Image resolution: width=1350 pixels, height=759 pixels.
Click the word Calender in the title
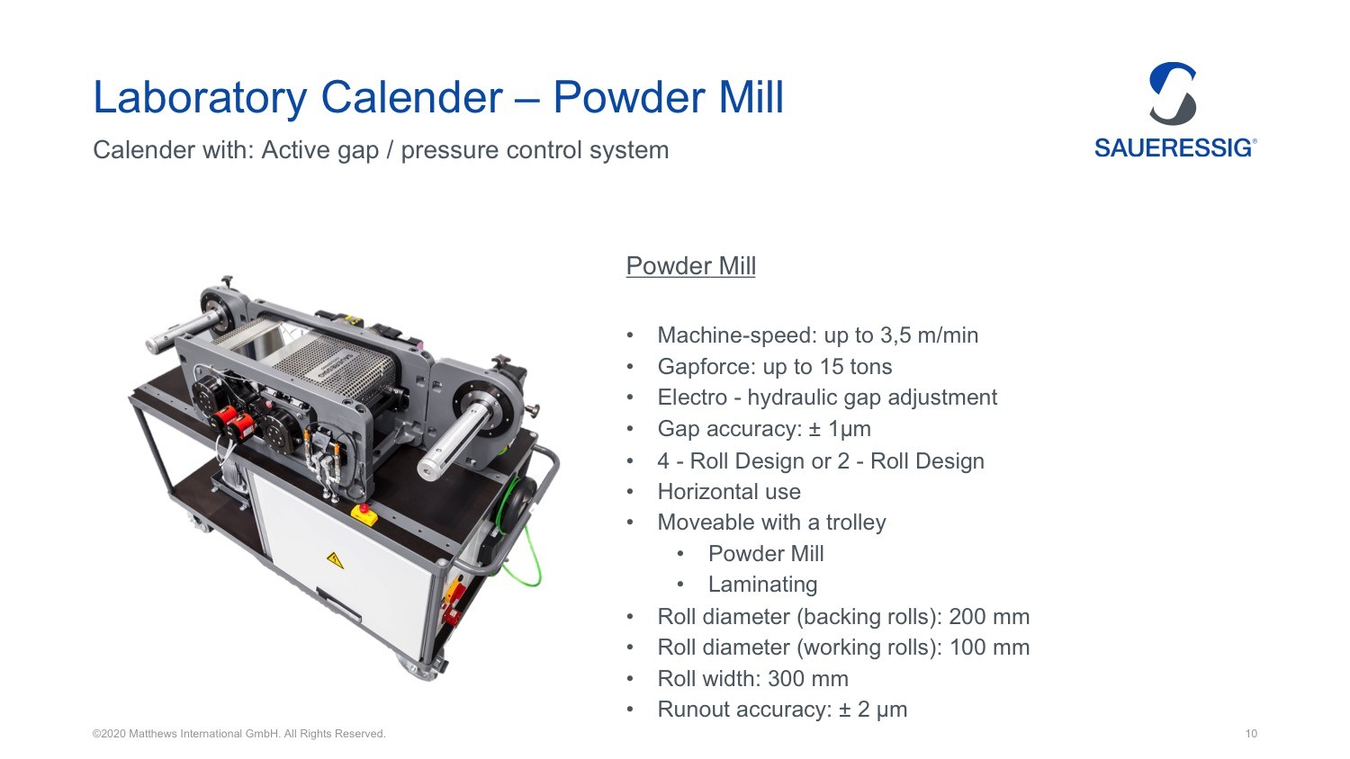[411, 97]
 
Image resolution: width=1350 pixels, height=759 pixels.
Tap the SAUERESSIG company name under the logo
[1174, 148]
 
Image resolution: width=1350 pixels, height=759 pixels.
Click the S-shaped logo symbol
[1173, 94]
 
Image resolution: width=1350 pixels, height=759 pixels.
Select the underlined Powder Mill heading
[690, 266]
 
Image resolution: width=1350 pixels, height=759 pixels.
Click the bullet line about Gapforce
[774, 367]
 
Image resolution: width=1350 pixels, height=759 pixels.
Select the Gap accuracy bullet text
[764, 429]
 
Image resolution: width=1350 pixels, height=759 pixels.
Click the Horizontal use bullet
[729, 492]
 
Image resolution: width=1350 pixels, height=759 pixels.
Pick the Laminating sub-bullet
[762, 585]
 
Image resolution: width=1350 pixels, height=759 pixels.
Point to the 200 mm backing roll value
[989, 616]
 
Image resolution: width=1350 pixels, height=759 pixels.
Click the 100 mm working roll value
[990, 647]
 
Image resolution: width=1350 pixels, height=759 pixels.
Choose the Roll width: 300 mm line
[752, 679]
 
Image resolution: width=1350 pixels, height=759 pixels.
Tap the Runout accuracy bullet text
[782, 710]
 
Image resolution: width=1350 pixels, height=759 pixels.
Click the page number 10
[1251, 734]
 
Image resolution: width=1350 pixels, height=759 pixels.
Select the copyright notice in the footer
[238, 734]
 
